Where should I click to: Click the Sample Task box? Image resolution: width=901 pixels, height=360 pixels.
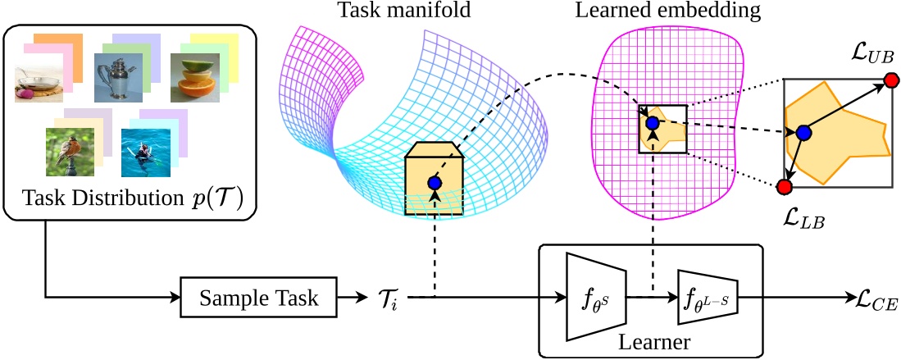(258, 298)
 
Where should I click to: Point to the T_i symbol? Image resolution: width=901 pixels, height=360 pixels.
(389, 299)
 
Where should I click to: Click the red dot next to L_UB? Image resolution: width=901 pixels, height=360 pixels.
(891, 80)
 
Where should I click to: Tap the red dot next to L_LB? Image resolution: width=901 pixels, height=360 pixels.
(784, 188)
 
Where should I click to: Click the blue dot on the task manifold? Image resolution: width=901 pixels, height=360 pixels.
(434, 183)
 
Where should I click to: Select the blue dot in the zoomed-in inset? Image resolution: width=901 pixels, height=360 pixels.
(803, 133)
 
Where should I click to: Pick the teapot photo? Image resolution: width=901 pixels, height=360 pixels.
(118, 76)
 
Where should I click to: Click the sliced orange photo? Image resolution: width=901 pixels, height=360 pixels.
(194, 77)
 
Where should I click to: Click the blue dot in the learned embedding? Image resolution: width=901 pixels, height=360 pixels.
(652, 123)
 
